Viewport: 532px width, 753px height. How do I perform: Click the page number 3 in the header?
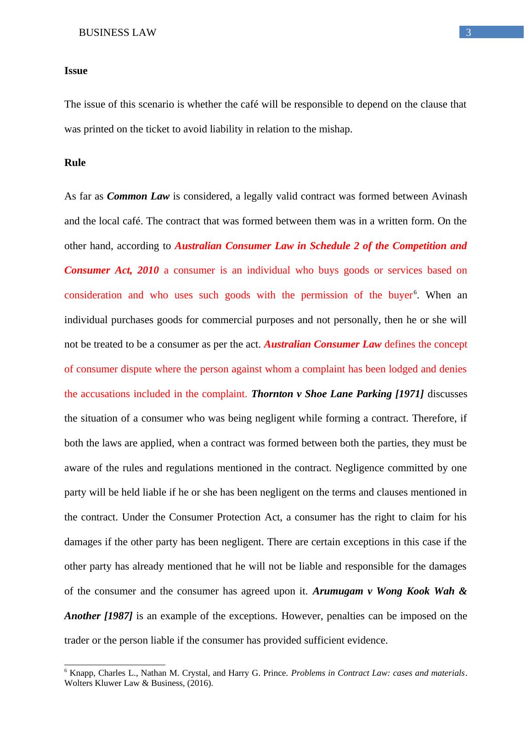pos(469,32)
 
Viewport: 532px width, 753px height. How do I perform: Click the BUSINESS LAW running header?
pos(118,33)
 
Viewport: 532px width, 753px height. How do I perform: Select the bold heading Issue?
pos(76,71)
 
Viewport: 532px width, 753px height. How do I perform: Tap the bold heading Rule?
pos(75,163)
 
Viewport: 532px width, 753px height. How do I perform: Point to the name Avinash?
pos(449,196)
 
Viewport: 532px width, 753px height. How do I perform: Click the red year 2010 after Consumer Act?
pos(148,270)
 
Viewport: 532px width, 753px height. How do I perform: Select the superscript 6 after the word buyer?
pos(415,292)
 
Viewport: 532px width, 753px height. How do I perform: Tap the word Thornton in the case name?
pos(271,394)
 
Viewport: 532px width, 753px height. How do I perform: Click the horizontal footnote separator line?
pos(115,665)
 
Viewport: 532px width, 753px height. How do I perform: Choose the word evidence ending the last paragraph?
pos(368,640)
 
